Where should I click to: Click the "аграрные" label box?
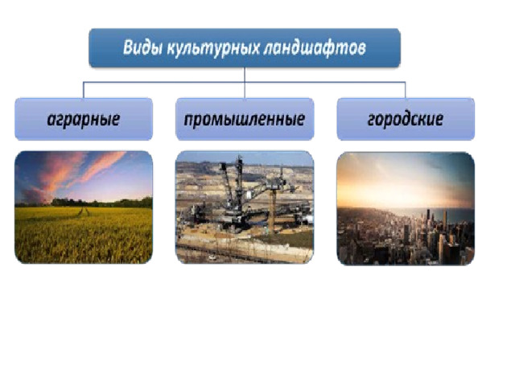coord(84,119)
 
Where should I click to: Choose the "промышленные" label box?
coord(245,119)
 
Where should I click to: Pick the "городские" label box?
coord(406,119)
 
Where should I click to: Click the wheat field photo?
coord(84,207)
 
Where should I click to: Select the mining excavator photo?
coord(245,207)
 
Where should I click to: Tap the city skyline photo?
coord(406,208)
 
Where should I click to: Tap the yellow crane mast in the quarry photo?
coord(271,211)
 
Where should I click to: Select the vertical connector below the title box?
coord(245,83)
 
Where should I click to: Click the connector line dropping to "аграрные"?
coord(84,90)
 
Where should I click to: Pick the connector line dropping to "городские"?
coord(406,90)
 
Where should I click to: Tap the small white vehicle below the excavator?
coord(212,257)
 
